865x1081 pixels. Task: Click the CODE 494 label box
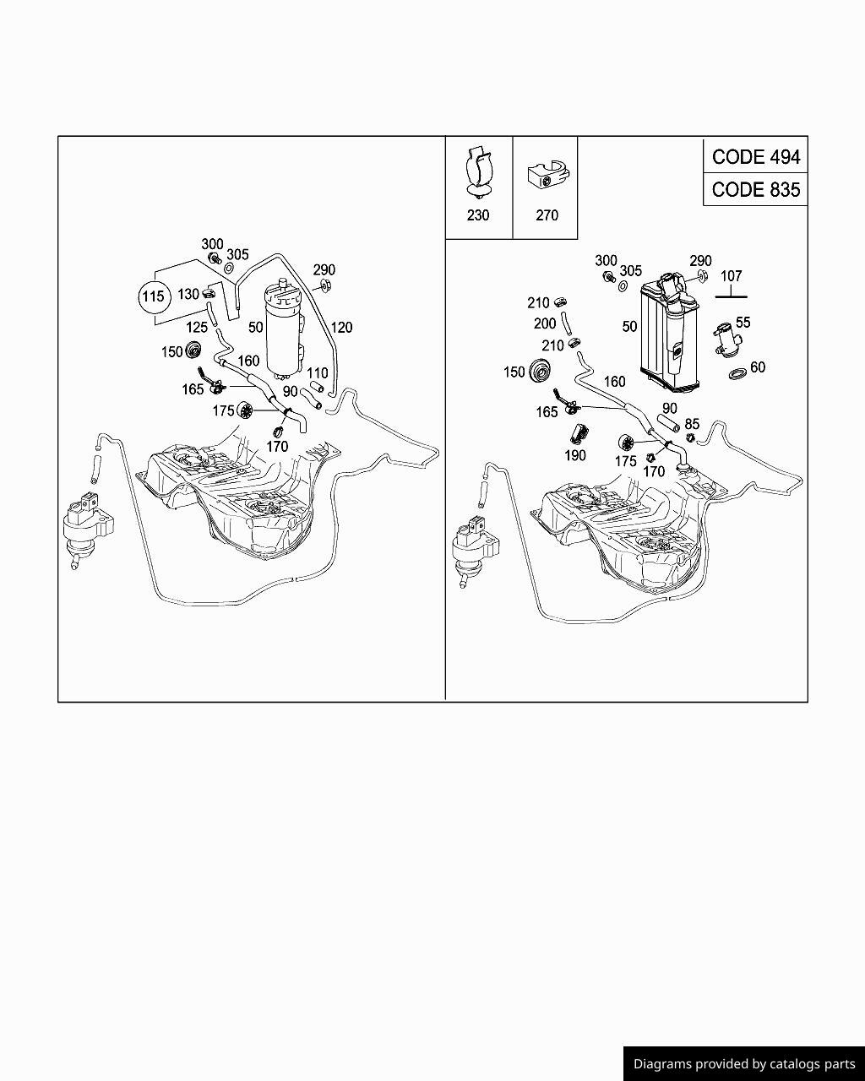tap(755, 157)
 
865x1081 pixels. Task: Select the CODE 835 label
tap(755, 189)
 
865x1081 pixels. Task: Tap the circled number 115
tap(153, 296)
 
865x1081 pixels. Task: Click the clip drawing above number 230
tap(478, 171)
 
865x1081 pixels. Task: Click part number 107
tap(731, 276)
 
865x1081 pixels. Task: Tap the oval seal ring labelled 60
tap(737, 373)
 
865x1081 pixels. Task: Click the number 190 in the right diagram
tap(575, 455)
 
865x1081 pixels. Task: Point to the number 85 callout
tap(692, 424)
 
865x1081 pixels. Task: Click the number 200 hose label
tap(545, 323)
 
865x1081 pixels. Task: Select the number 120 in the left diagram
tap(341, 328)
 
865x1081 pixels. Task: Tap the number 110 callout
tap(317, 373)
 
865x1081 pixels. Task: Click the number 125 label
tap(197, 328)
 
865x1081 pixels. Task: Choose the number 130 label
tap(188, 294)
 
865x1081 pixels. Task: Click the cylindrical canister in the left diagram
tap(285, 329)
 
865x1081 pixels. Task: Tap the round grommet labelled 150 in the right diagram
tap(540, 370)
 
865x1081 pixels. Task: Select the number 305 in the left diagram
tap(237, 255)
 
